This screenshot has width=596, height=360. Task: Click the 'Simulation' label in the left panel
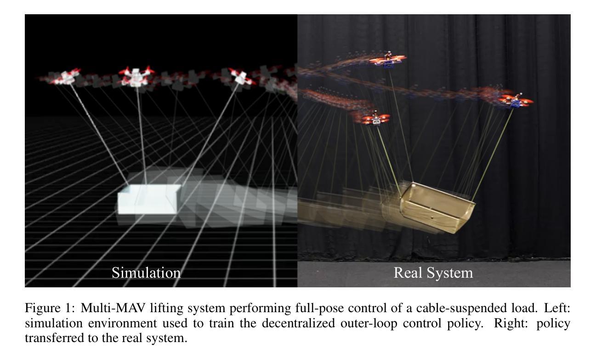pos(146,273)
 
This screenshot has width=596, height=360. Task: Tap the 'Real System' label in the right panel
pos(433,273)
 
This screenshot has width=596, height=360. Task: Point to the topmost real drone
pos(388,60)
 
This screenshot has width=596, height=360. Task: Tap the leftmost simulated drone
pos(66,77)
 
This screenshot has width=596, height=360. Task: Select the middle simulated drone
pos(136,76)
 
